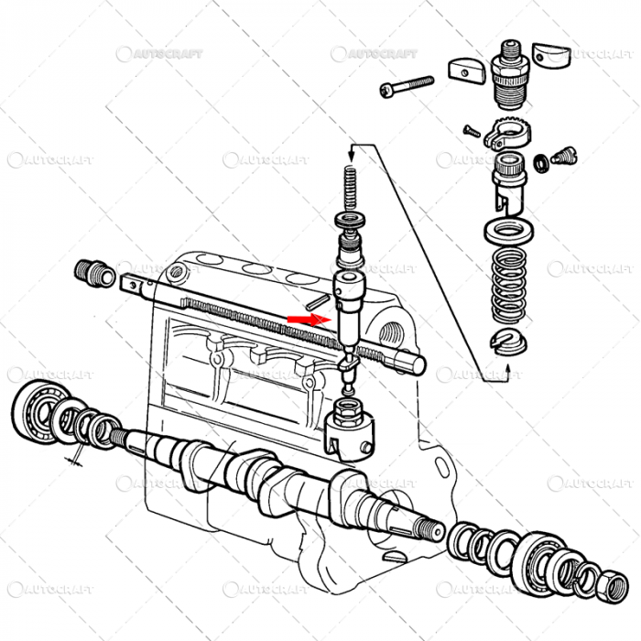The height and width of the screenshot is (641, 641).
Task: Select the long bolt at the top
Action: (x=405, y=86)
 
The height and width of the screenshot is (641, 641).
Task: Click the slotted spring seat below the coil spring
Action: (x=506, y=341)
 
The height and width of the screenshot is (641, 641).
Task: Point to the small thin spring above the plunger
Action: (x=349, y=189)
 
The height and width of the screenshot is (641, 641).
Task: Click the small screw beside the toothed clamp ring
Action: (x=473, y=131)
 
